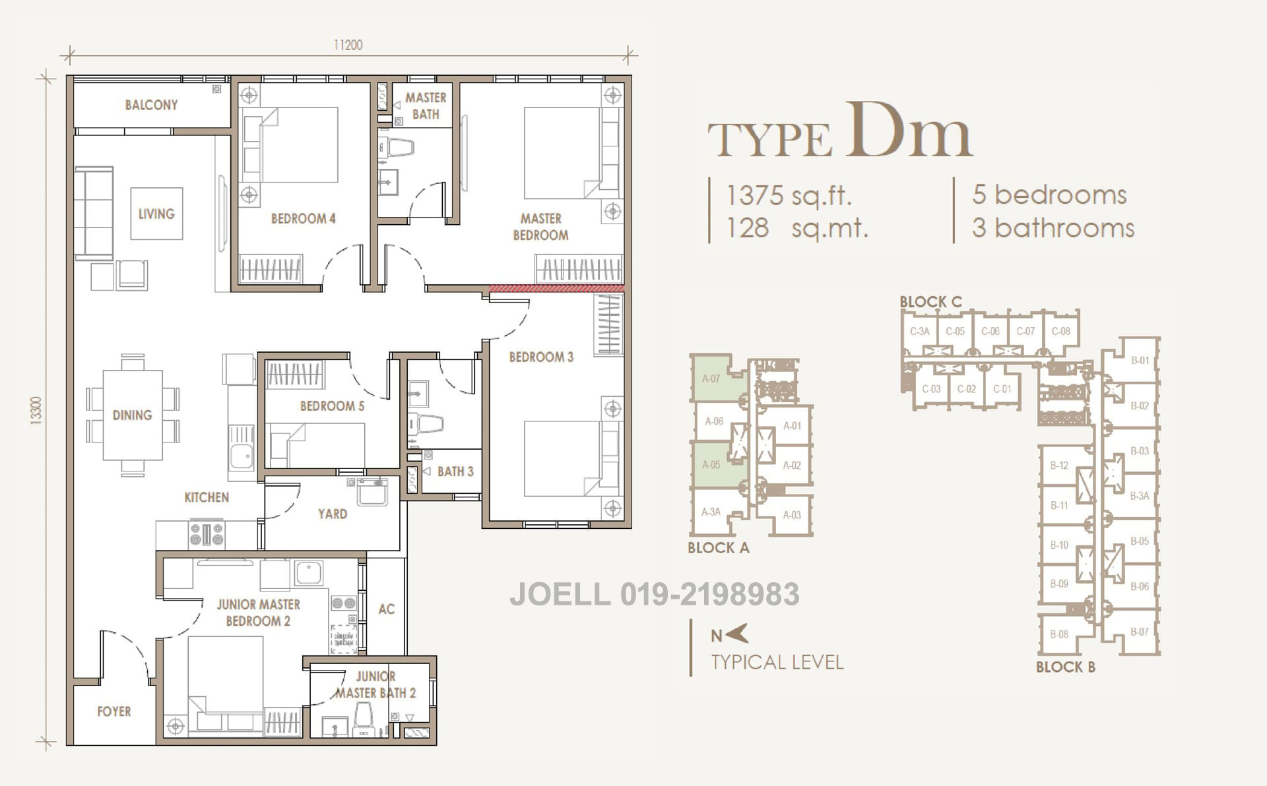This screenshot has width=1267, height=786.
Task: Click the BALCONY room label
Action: (x=151, y=105)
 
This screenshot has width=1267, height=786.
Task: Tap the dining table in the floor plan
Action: (x=132, y=415)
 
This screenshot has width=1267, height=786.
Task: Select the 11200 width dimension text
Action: (x=348, y=45)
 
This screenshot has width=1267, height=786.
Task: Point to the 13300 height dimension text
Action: (x=36, y=411)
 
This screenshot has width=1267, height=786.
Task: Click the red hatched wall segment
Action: (x=556, y=288)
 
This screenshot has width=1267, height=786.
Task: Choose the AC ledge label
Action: (x=386, y=609)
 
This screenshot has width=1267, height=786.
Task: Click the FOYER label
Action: (x=114, y=711)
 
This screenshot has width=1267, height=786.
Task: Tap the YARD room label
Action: (x=332, y=514)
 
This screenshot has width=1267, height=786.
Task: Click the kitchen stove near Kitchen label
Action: (x=207, y=533)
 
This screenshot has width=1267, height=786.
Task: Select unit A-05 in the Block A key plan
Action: (x=711, y=464)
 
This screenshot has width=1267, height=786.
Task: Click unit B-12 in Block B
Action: (x=1059, y=466)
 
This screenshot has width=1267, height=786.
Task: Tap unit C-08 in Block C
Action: (x=1060, y=332)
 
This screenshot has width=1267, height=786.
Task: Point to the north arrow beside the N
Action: (x=737, y=634)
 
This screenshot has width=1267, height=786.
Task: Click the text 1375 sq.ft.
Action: (x=789, y=196)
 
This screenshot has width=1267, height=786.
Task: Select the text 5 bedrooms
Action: (x=1049, y=195)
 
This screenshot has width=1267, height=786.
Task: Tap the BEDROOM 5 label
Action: (x=332, y=406)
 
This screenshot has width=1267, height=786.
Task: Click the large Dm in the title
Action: (x=909, y=132)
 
